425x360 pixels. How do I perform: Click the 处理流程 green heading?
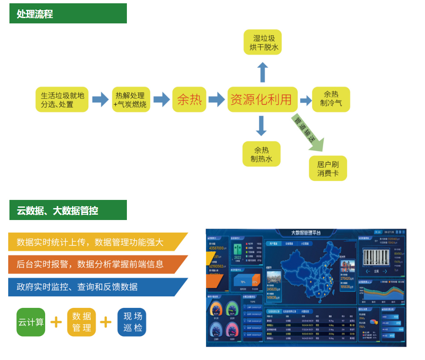(x=68, y=14)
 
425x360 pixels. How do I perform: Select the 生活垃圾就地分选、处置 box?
(x=62, y=100)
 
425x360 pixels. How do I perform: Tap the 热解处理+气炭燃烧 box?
(x=131, y=100)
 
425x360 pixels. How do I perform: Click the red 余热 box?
(x=189, y=99)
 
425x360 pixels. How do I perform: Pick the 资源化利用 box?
(x=262, y=99)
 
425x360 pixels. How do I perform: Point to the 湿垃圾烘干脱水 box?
(x=263, y=42)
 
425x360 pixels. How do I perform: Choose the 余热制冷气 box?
(x=331, y=99)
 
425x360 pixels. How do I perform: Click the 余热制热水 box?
(x=262, y=154)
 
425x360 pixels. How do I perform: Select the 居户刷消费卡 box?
(x=328, y=168)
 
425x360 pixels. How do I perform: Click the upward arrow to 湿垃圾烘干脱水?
(x=263, y=72)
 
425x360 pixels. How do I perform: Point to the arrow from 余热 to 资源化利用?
(x=216, y=99)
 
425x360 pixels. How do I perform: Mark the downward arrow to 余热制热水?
(x=261, y=126)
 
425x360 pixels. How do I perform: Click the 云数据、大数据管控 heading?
(x=68, y=210)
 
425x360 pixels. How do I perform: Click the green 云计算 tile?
(x=31, y=322)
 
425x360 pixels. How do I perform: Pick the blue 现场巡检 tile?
(x=132, y=322)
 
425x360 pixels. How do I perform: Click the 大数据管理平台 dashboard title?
(x=306, y=233)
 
